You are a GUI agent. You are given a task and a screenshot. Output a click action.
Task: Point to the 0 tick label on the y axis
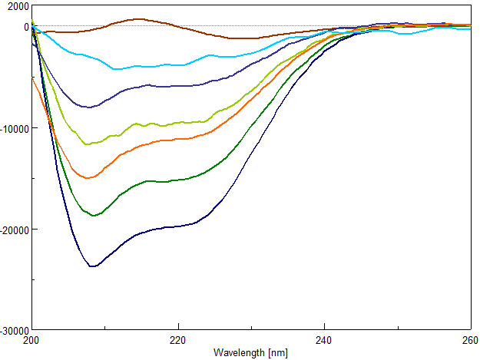pos(25,27)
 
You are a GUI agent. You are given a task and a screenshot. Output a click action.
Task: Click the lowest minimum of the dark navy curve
pos(92,266)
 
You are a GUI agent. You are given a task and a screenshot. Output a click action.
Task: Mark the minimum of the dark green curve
pos(94,216)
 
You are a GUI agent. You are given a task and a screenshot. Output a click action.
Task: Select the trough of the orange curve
pos(89,178)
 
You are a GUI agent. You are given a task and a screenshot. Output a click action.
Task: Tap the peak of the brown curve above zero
pos(137,19)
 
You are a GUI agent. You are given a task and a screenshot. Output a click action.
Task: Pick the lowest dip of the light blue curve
pos(117,69)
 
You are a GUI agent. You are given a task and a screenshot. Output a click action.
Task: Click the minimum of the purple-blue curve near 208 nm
pos(90,107)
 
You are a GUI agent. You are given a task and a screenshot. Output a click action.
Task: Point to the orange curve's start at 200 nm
pos(32,78)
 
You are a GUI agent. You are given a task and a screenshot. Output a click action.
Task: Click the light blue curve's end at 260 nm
pos(470,29)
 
